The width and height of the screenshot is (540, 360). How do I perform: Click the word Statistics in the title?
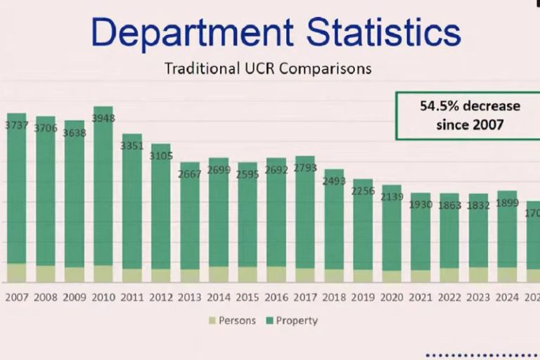(373, 32)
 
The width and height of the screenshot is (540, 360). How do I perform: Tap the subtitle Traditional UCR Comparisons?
(268, 69)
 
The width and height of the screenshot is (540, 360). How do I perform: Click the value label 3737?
(17, 125)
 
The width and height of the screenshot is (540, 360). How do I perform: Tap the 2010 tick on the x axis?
(103, 297)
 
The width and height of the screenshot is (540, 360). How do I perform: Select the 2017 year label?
(305, 297)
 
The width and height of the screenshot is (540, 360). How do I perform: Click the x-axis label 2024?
(507, 297)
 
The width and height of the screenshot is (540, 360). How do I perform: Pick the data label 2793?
(305, 167)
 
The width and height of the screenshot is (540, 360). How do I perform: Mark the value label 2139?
(392, 197)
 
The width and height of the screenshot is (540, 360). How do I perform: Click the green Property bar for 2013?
(190, 218)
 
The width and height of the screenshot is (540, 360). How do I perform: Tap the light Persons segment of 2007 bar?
(17, 273)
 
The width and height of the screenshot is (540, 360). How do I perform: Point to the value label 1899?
(507, 203)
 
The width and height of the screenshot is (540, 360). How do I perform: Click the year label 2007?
(17, 297)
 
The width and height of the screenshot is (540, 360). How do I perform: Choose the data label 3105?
(161, 155)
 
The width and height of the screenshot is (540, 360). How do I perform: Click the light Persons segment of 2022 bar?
(449, 275)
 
